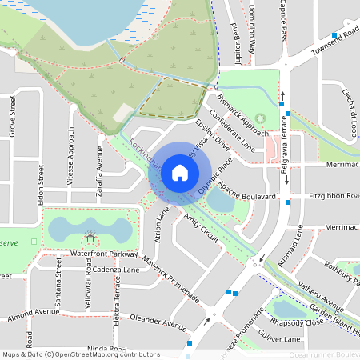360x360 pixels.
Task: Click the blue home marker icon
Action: click(x=180, y=172)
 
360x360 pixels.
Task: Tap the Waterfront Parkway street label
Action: click(x=103, y=254)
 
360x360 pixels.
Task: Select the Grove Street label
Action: click(x=12, y=123)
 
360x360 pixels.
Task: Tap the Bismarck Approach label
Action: click(x=243, y=115)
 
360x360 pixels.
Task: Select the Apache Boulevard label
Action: click(x=249, y=194)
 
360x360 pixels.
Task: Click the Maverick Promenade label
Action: click(x=171, y=280)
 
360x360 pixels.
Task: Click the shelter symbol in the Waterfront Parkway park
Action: click(x=90, y=238)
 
